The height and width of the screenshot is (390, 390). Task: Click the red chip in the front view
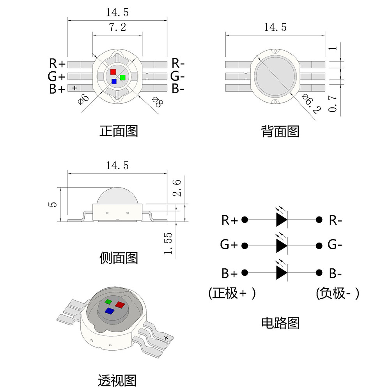point(113,72)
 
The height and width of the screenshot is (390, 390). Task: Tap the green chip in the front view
point(122,77)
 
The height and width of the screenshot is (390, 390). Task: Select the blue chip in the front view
point(114,82)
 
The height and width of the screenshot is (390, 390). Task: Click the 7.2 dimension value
point(117,27)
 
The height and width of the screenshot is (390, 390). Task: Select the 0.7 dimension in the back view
point(332,102)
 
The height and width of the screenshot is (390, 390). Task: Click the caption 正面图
point(119,131)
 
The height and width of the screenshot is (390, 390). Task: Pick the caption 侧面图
point(119,258)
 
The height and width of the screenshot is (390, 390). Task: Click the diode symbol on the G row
point(281,246)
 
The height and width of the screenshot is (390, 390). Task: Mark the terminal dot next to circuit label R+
point(245,220)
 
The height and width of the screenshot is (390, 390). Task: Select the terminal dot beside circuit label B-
point(319,273)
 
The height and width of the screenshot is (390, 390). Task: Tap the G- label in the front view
point(180,75)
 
